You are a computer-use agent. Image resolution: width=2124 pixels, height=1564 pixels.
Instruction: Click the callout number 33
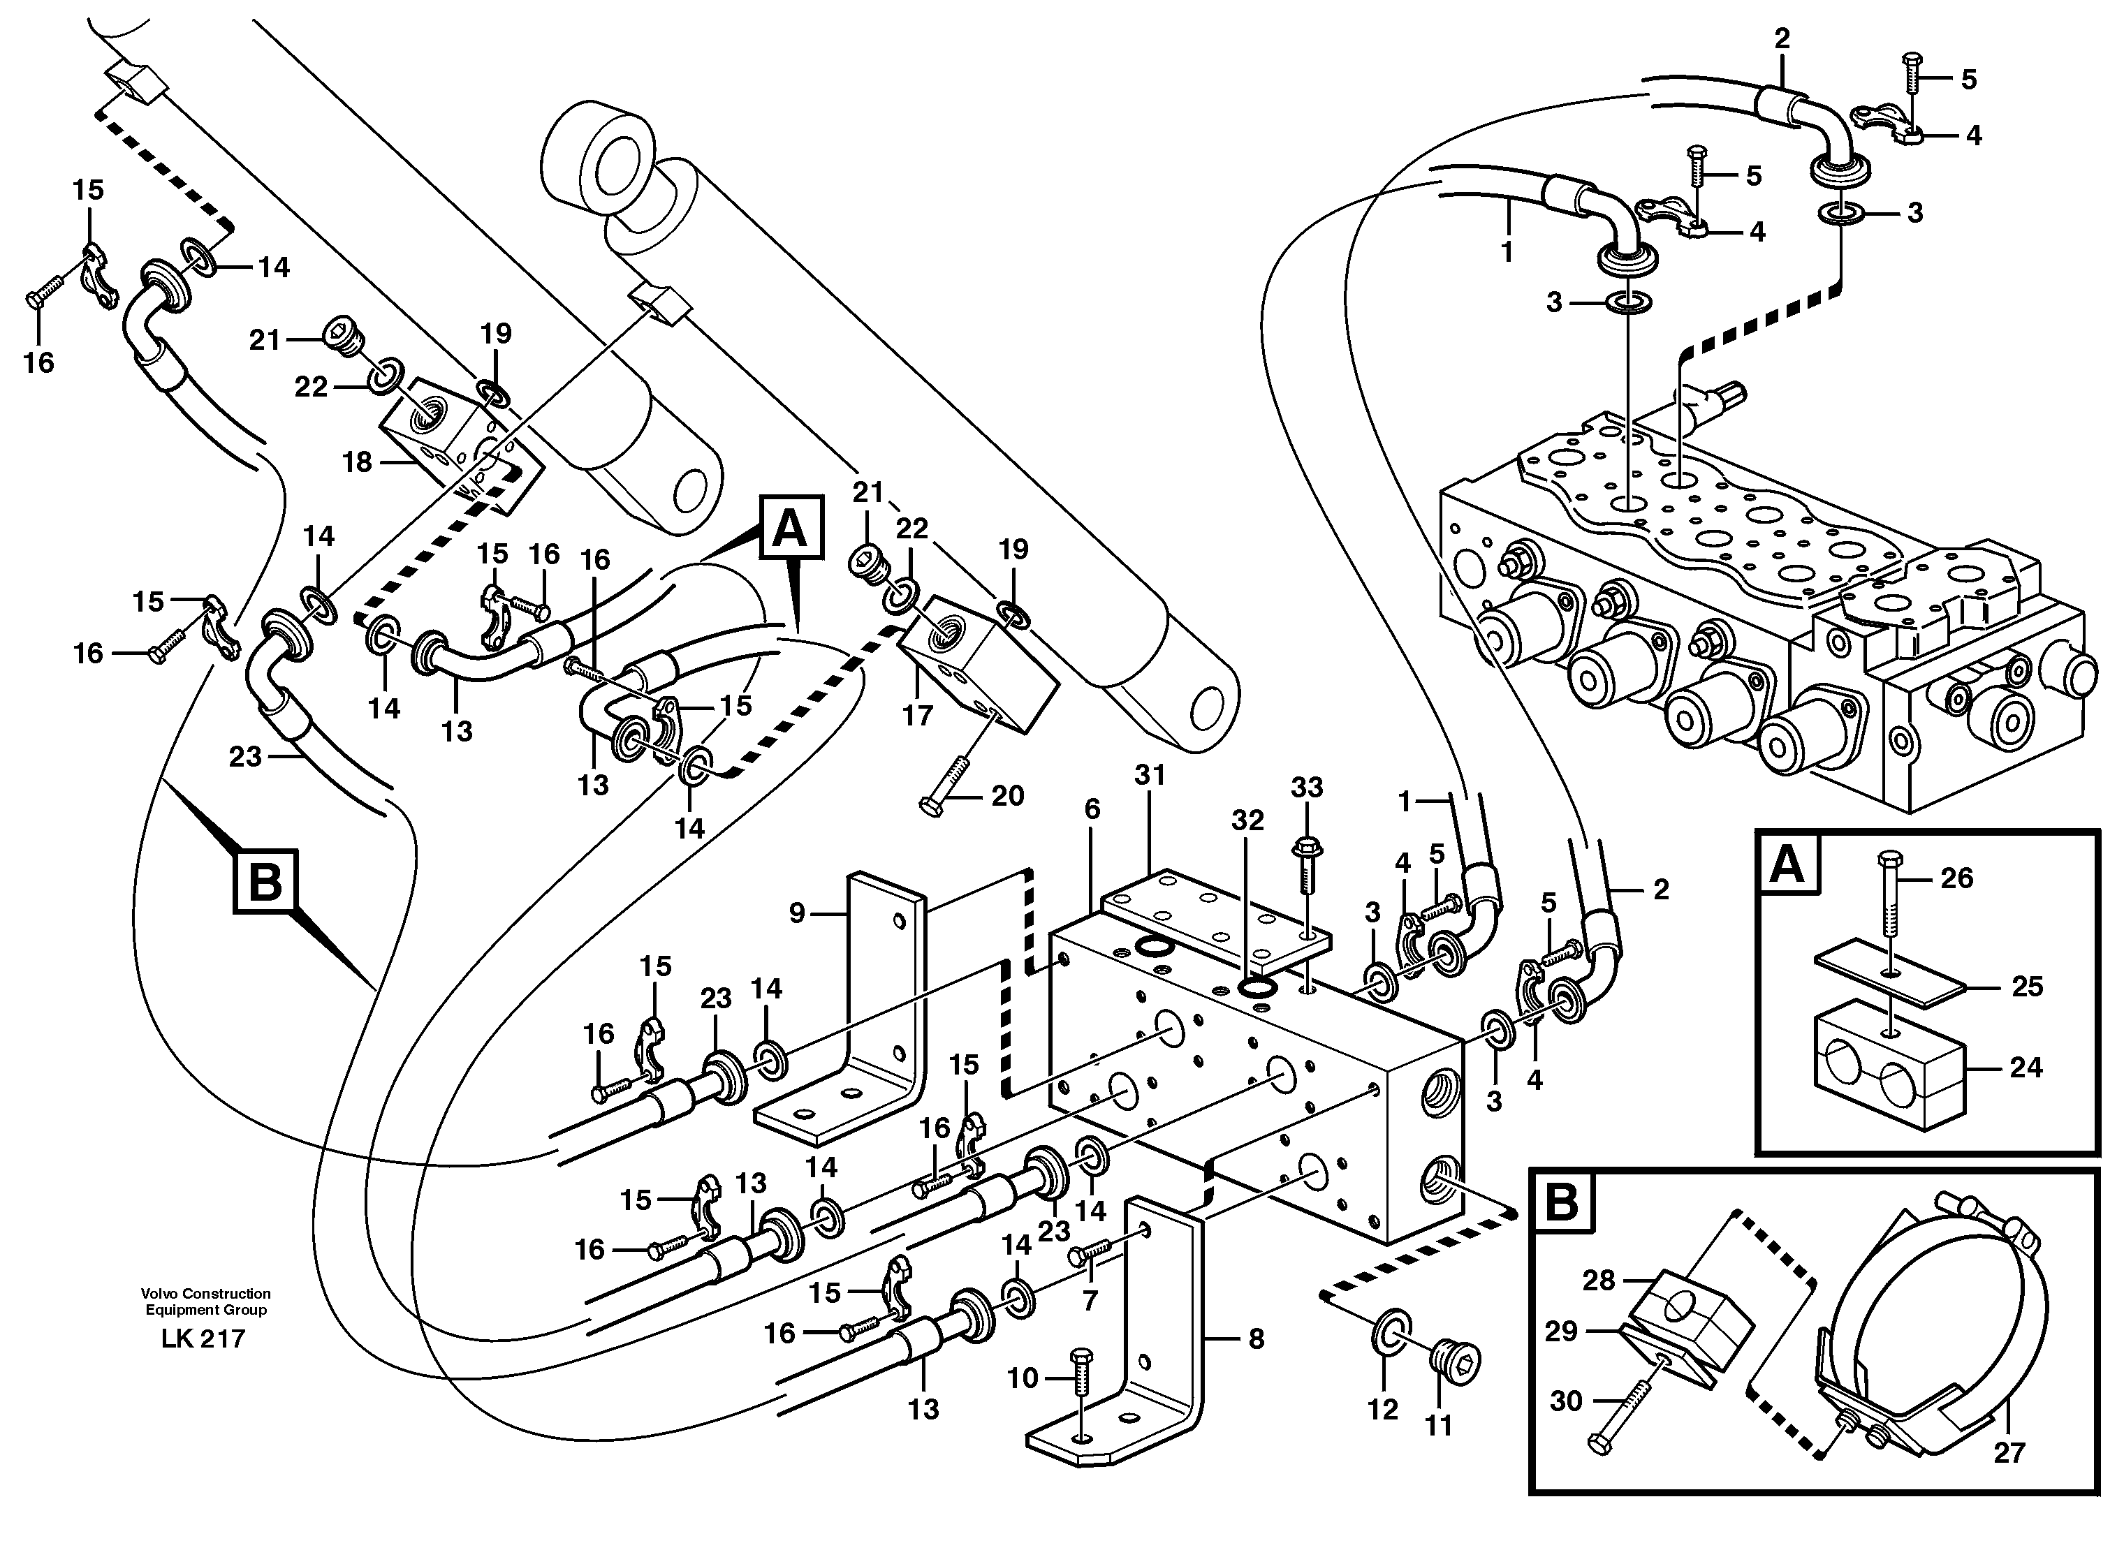(x=1307, y=787)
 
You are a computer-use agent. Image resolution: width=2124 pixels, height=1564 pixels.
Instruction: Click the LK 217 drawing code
(x=203, y=1338)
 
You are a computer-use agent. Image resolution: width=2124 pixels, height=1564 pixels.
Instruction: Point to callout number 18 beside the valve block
(x=357, y=462)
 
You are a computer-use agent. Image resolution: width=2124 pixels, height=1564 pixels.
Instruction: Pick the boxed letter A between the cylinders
(x=790, y=529)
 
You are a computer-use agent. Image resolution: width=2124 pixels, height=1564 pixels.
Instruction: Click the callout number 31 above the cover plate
(x=1150, y=776)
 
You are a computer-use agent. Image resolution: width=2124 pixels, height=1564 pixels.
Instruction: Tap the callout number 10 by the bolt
(x=1022, y=1378)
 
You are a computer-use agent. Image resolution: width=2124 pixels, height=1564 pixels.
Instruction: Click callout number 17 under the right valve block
(x=916, y=715)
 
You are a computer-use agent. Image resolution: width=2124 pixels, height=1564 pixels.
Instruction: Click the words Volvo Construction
(x=205, y=1293)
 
